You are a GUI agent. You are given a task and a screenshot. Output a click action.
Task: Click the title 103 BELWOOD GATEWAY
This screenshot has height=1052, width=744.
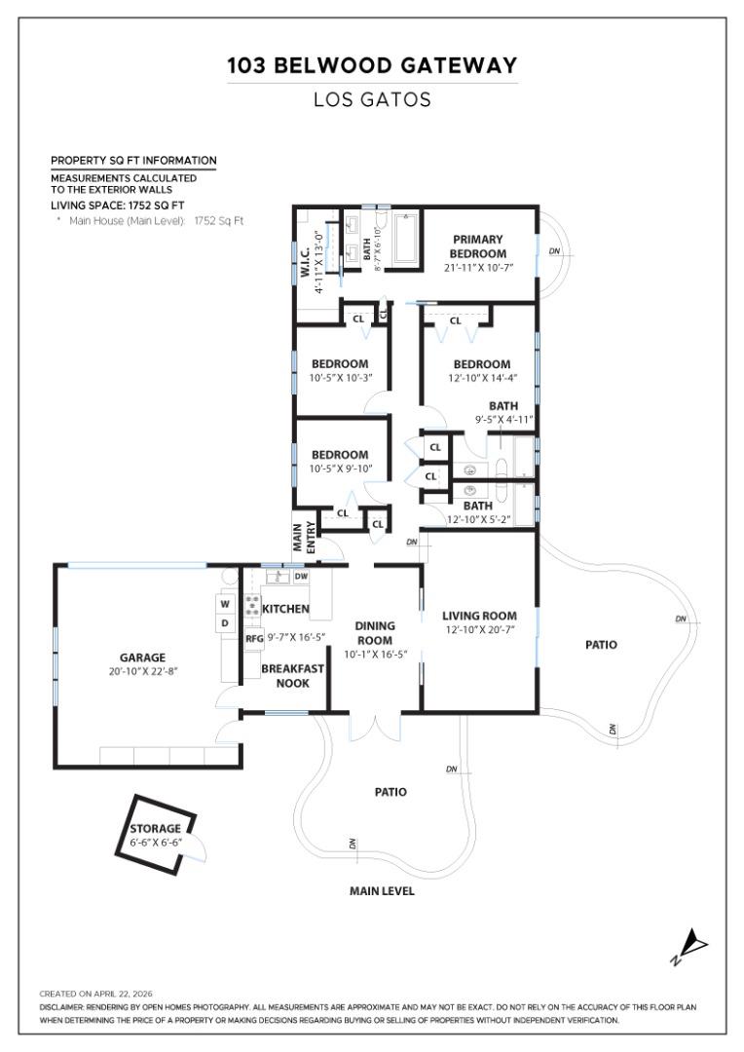(372, 66)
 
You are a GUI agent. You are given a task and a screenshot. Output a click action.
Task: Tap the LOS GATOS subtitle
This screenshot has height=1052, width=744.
(372, 99)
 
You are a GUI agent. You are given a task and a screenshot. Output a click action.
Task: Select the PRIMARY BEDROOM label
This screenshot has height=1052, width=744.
(476, 246)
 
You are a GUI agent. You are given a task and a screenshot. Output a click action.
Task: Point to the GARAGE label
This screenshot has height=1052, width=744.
(143, 657)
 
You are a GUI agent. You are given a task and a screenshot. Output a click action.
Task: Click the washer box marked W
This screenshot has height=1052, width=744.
(224, 603)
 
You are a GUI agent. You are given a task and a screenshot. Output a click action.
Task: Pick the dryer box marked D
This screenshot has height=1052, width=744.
(224, 622)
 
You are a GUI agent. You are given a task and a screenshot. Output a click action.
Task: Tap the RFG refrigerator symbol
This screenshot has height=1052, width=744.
(254, 639)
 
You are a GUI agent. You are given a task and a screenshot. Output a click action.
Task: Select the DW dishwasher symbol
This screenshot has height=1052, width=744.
(301, 577)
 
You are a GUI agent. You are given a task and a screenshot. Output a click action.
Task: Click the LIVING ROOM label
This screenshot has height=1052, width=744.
(479, 616)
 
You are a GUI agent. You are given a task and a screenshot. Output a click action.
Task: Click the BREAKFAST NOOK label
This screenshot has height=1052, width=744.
(292, 676)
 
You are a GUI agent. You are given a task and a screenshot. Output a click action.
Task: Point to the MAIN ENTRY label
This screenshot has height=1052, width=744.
(304, 539)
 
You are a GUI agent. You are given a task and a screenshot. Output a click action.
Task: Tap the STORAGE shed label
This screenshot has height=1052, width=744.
(156, 829)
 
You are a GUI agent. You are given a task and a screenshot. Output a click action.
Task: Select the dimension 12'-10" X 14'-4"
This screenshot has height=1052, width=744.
(481, 378)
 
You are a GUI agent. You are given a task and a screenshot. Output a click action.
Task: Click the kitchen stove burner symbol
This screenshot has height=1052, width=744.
(252, 604)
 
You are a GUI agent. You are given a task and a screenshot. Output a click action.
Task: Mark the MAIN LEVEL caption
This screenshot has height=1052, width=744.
(382, 891)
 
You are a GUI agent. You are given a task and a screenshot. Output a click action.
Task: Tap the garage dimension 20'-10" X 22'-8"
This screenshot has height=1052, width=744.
(143, 672)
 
